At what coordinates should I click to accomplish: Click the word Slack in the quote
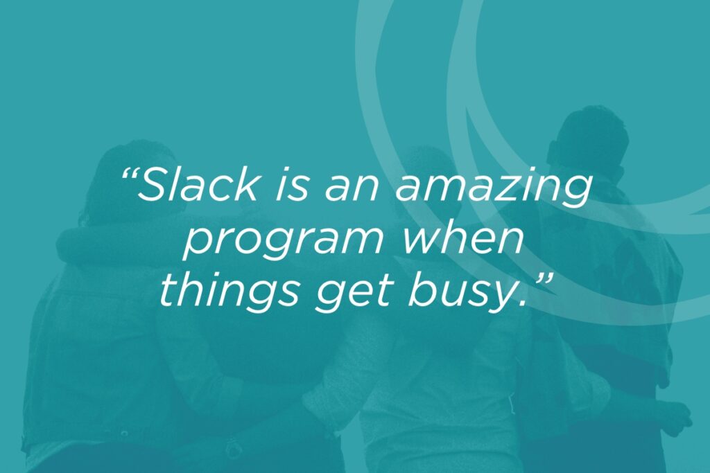200,185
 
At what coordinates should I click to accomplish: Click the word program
283,242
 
